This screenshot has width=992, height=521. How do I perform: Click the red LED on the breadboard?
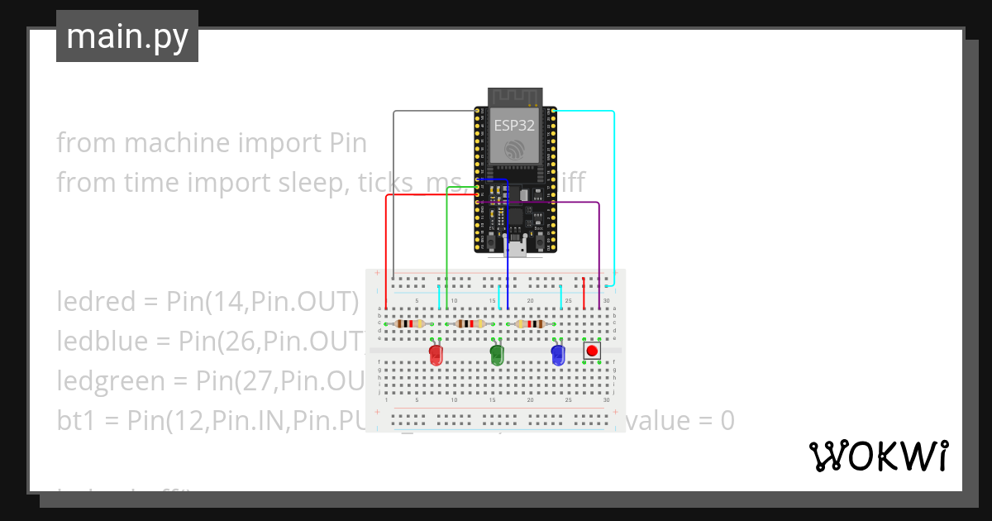(x=436, y=356)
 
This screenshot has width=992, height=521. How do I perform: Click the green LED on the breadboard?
(x=497, y=356)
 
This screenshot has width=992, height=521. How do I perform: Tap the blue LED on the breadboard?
(x=558, y=356)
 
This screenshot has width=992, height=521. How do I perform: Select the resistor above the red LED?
(x=409, y=324)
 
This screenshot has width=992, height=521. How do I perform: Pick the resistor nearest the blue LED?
(x=529, y=324)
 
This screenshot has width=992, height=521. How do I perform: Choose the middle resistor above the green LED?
(x=470, y=324)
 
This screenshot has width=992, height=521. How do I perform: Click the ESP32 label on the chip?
(x=514, y=126)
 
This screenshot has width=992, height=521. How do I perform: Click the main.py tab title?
(x=127, y=36)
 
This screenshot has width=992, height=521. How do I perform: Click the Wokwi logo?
(x=879, y=456)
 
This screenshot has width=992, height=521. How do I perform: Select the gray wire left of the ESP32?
(x=393, y=190)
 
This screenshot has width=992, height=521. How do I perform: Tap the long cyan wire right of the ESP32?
(x=614, y=190)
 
